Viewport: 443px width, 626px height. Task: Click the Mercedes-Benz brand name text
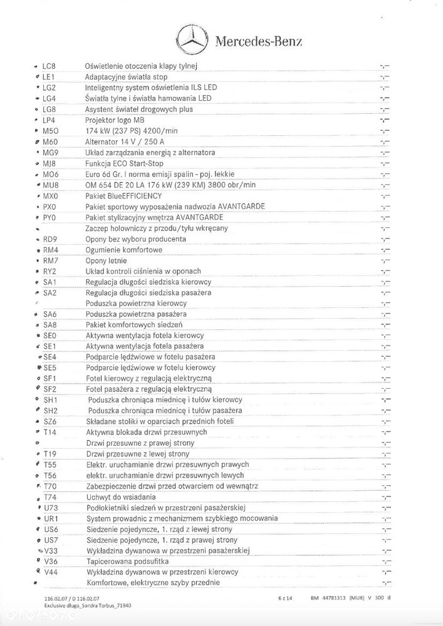click(259, 42)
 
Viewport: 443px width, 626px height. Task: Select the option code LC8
click(49, 66)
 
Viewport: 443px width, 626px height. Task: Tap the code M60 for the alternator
click(50, 141)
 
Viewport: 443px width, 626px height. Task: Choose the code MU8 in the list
click(50, 185)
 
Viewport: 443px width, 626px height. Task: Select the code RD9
click(50, 239)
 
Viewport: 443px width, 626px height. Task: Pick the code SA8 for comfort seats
click(50, 325)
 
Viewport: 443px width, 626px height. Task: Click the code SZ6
click(50, 421)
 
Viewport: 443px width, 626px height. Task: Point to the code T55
click(50, 464)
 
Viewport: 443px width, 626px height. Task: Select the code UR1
click(51, 518)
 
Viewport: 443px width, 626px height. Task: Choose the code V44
click(51, 572)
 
